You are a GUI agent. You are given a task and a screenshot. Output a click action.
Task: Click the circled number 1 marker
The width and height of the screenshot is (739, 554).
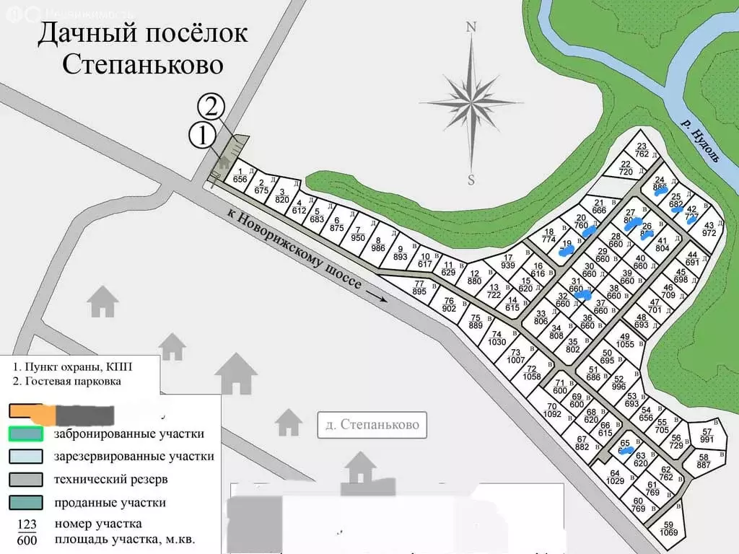[x=202, y=135]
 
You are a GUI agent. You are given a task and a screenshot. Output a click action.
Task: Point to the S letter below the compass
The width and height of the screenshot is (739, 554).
[x=471, y=180]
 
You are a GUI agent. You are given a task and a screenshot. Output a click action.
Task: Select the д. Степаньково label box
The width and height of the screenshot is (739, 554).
[x=372, y=425]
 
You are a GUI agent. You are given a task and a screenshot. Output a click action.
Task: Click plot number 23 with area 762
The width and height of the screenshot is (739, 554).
[x=642, y=149]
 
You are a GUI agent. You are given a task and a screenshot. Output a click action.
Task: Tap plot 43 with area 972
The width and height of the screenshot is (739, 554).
[x=709, y=229]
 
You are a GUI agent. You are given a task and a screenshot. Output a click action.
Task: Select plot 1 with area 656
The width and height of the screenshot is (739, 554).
[x=240, y=175]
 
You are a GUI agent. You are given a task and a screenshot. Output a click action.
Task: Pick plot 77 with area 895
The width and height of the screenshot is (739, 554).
[x=419, y=287]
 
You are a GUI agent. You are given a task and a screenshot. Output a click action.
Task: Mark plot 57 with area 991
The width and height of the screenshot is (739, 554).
[x=707, y=436]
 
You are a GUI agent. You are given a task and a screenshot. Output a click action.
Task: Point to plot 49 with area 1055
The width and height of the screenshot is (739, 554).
[x=624, y=340]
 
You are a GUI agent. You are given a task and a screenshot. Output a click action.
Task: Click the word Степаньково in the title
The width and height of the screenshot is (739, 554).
[x=143, y=64]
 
